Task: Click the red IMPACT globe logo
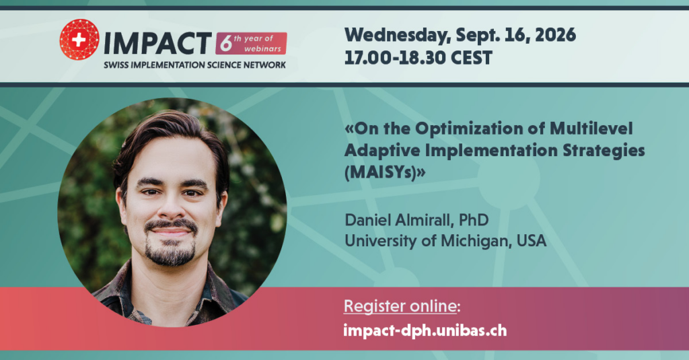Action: point(79,40)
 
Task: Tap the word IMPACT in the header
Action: point(157,44)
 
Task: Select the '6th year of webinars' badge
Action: point(251,44)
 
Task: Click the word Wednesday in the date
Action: point(397,35)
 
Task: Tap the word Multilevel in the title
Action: point(591,129)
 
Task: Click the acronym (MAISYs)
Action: point(385,172)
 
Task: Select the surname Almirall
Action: point(424,220)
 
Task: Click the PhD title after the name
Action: point(474,220)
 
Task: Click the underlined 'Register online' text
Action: point(400,306)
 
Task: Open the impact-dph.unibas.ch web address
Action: point(425,330)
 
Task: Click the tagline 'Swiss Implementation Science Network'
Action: point(194,65)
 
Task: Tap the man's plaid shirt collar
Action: point(127,290)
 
